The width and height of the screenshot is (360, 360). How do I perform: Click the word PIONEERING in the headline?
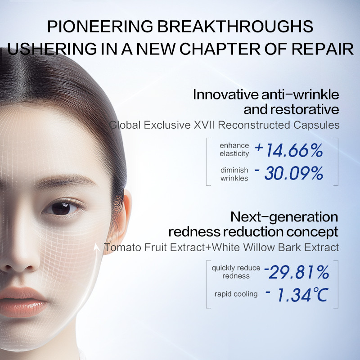tap(100, 27)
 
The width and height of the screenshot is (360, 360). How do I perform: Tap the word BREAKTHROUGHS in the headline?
tap(235, 27)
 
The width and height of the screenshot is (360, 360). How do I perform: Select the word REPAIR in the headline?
tap(323, 49)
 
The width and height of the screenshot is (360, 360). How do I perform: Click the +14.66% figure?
tap(288, 150)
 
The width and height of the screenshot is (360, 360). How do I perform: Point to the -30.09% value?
tap(289, 173)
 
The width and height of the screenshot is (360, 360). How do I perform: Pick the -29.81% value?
tap(297, 272)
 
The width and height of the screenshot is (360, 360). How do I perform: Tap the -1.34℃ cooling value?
tap(297, 295)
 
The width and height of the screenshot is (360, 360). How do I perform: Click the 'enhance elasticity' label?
tap(234, 149)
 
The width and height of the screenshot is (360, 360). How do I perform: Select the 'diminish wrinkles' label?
tap(234, 174)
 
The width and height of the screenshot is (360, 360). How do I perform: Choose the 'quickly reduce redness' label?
tap(236, 272)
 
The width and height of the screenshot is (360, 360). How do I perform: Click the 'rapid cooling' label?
tap(236, 294)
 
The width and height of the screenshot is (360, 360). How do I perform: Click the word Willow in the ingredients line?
tap(259, 247)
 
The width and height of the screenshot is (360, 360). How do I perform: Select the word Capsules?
tap(316, 126)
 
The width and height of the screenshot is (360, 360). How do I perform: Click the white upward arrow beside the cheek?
tap(97, 248)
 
